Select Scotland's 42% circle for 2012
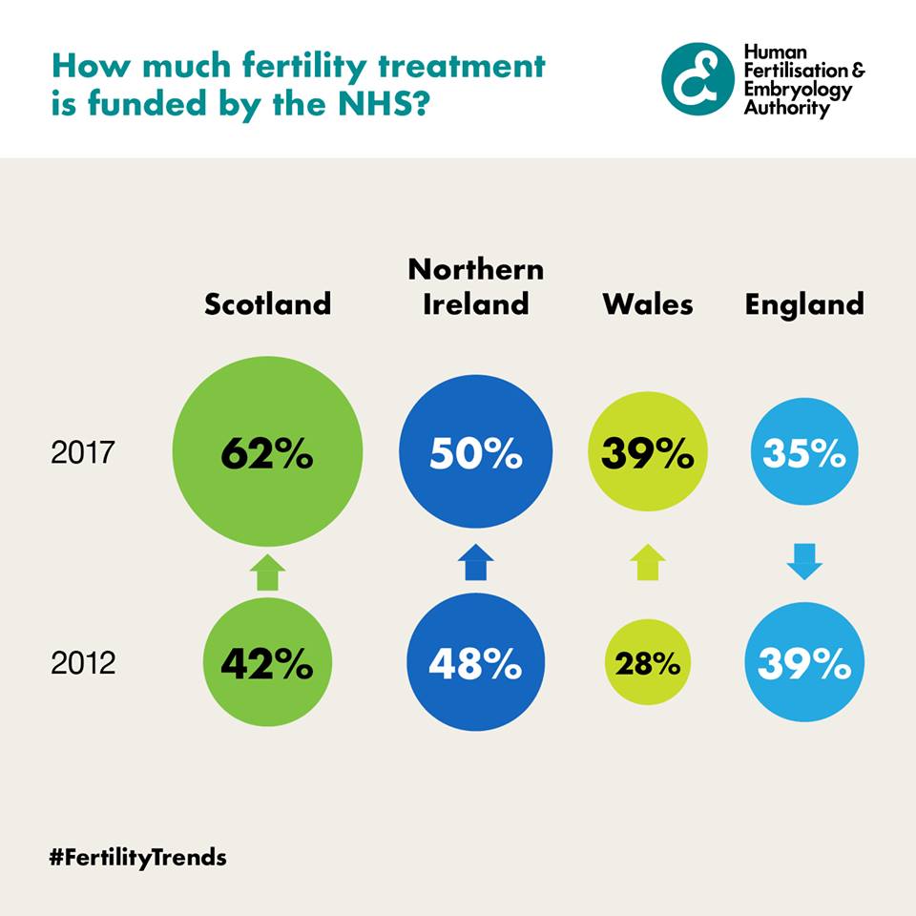click(267, 663)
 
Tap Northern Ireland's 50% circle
click(476, 452)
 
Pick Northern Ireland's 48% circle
click(475, 663)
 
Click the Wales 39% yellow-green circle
click(648, 453)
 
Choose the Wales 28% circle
click(648, 663)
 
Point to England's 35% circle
click(803, 453)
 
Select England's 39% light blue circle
click(803, 663)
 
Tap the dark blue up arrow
click(476, 563)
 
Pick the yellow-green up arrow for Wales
click(649, 563)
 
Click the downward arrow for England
click(804, 563)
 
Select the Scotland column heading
click(268, 303)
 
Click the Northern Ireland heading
click(476, 286)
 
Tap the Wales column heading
click(648, 303)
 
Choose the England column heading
click(804, 303)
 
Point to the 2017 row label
click(82, 452)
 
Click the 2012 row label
click(82, 662)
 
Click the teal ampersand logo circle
click(697, 79)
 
